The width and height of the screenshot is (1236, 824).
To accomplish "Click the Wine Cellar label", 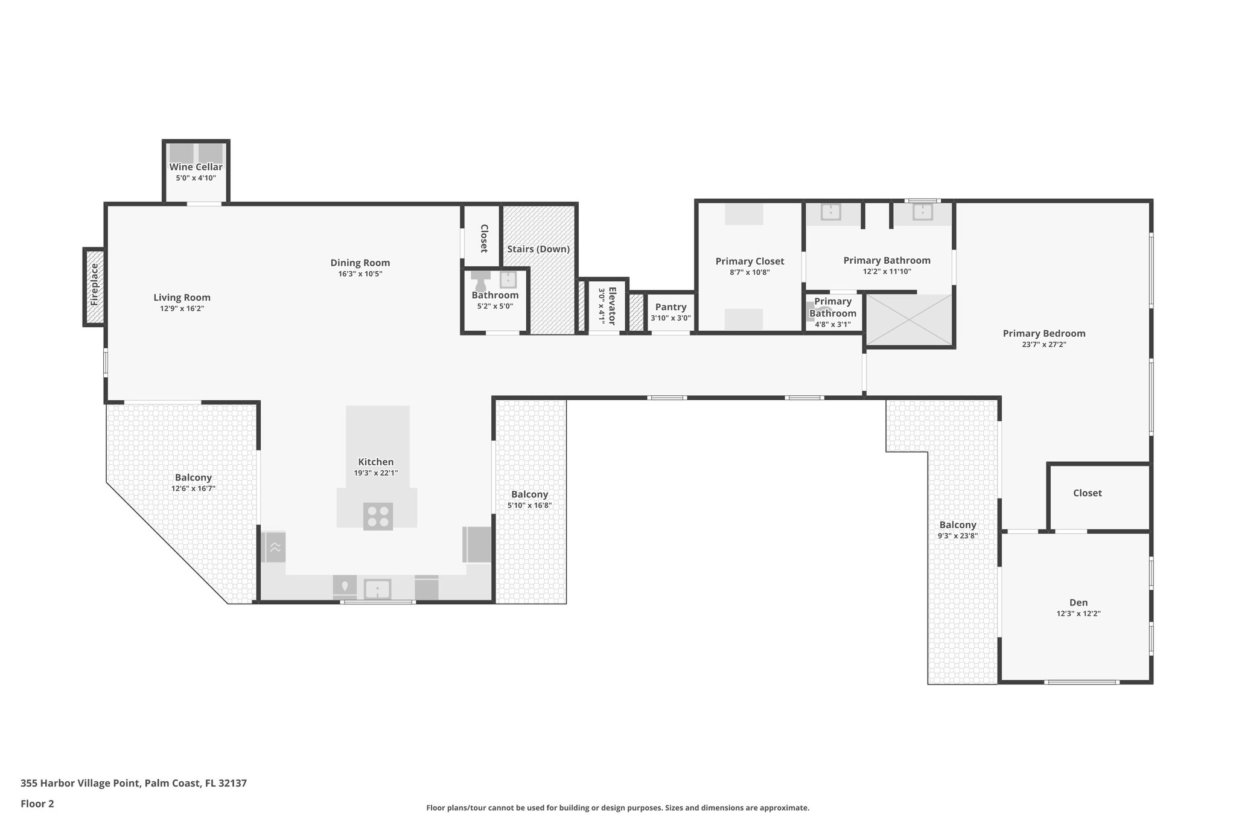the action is click(196, 167).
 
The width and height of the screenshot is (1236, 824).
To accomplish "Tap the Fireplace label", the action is click(94, 284).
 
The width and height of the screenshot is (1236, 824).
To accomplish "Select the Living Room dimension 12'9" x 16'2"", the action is click(182, 308).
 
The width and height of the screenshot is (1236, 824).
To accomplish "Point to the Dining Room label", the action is click(360, 263).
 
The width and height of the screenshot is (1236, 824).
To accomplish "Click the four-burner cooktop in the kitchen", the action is click(378, 517).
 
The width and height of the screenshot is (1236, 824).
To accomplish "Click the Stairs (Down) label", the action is click(538, 249).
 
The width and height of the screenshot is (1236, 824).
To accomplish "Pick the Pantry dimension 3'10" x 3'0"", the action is click(671, 318).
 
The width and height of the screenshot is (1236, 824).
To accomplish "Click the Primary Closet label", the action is click(750, 261).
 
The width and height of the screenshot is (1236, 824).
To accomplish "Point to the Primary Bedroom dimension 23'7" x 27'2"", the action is click(1044, 345).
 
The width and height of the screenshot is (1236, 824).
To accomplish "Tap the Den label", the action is click(1078, 602).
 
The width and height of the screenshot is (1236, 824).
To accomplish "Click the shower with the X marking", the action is click(908, 320).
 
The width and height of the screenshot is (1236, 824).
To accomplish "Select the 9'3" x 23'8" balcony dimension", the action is click(958, 535).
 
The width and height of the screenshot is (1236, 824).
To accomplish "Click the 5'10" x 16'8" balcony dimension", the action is click(529, 505).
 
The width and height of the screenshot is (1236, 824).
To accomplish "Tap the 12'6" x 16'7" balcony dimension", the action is click(193, 488).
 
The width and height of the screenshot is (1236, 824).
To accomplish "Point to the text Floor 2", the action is click(37, 804).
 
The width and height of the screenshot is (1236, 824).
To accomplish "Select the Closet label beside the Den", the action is click(1088, 493).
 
